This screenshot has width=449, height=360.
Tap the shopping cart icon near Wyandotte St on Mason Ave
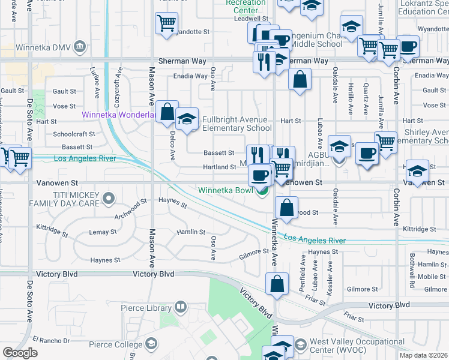166,23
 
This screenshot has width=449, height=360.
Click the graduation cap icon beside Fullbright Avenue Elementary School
187,118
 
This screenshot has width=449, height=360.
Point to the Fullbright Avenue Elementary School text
237,124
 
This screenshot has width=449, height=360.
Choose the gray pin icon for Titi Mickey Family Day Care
108,197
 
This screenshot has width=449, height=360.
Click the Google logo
20,353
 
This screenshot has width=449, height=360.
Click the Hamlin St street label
190,232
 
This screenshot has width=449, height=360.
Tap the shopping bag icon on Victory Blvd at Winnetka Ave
277,285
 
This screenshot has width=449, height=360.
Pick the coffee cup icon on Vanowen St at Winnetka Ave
260,175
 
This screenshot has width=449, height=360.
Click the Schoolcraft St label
73,134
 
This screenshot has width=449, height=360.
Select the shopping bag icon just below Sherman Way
300,79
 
